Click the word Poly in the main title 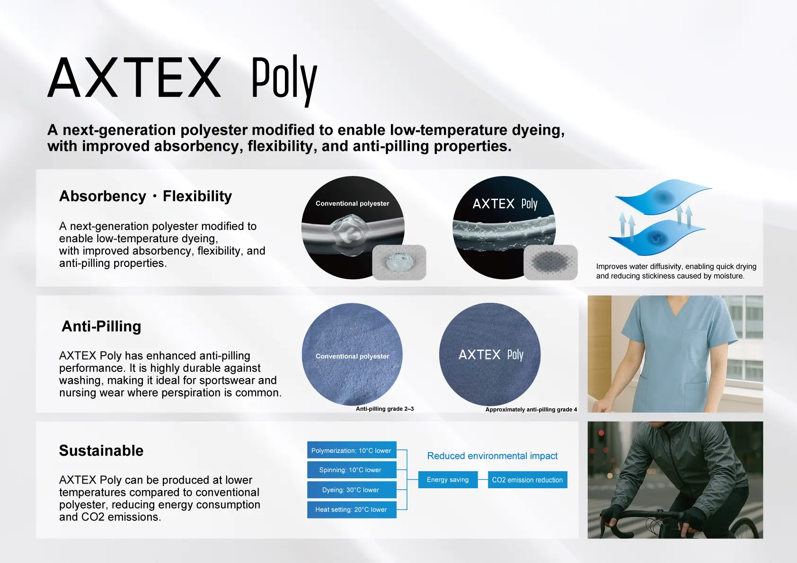click(x=284, y=80)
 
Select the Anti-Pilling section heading click(x=101, y=326)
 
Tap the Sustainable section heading click(x=101, y=450)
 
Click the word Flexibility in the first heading click(x=197, y=196)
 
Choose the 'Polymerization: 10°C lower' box click(x=352, y=450)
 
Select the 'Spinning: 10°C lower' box click(x=352, y=470)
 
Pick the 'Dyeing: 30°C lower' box click(x=352, y=490)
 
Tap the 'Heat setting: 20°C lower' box click(x=352, y=510)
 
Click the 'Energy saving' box click(x=448, y=480)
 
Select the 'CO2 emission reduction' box click(x=527, y=480)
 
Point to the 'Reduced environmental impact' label click(x=492, y=456)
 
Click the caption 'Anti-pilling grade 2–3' click(x=385, y=409)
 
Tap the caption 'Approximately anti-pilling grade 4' click(x=531, y=410)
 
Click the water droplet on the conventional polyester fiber click(x=351, y=234)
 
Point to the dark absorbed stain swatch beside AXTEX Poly click(x=550, y=262)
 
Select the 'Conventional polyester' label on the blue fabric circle click(x=352, y=356)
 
